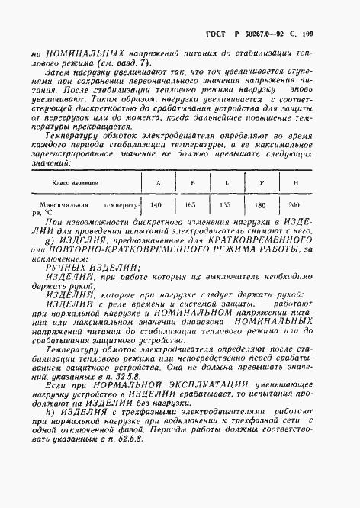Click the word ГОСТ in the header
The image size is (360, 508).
tap(218, 35)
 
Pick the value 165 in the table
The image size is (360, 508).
tap(192, 206)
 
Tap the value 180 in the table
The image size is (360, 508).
tap(259, 206)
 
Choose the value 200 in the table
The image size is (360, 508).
tap(294, 206)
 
